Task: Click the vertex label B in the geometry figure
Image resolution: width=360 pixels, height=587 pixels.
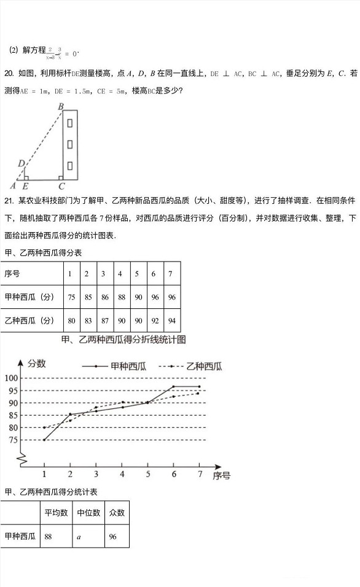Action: click(61, 107)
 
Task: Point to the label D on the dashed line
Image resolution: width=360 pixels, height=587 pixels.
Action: click(21, 163)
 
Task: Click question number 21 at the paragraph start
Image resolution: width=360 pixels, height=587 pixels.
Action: click(9, 201)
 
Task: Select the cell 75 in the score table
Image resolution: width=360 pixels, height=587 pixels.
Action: click(71, 297)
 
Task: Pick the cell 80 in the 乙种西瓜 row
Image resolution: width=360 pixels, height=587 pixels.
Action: click(71, 320)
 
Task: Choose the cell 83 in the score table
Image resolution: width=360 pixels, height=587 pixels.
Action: click(88, 320)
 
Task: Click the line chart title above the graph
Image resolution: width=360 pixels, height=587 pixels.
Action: click(123, 340)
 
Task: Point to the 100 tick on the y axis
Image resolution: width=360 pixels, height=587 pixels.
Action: click(12, 378)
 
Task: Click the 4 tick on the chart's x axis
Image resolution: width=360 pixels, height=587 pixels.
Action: click(122, 475)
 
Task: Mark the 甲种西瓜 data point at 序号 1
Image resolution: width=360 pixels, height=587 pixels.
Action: click(44, 440)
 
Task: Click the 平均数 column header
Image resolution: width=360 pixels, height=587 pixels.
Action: click(56, 513)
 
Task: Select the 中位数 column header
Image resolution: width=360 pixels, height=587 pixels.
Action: click(88, 513)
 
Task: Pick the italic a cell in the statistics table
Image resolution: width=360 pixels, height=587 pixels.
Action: click(79, 536)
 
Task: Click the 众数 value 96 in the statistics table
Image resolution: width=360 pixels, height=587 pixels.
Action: click(113, 536)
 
